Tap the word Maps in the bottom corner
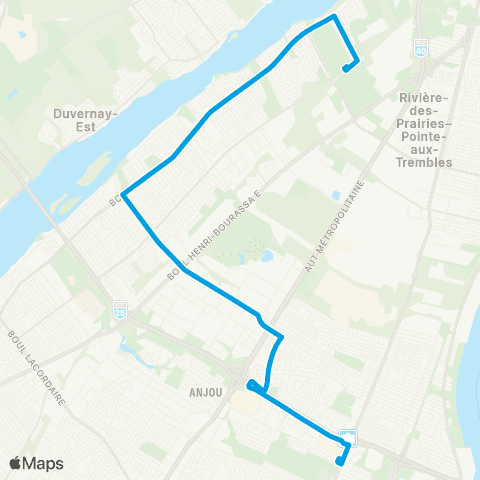point(46,463)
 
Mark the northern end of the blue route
point(345,69)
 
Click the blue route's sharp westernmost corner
point(123,194)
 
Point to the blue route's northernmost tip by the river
point(334,17)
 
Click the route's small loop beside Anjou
point(254,386)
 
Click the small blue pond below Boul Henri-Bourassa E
point(266,256)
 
